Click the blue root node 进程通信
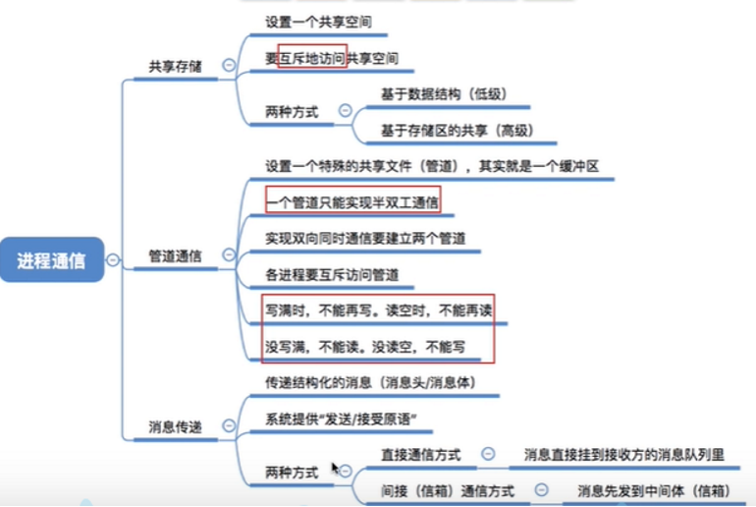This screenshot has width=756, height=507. [x=51, y=260]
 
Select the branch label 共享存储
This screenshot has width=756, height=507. [x=174, y=67]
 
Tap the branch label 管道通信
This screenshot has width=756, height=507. [x=175, y=255]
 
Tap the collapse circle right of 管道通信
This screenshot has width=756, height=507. [x=229, y=254]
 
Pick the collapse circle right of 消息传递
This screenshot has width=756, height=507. [x=229, y=425]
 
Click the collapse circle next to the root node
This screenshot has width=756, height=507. [x=113, y=259]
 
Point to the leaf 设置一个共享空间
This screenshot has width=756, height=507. [x=318, y=21]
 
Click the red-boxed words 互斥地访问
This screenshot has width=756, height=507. [x=312, y=58]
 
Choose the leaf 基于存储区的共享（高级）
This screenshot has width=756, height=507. [x=457, y=130]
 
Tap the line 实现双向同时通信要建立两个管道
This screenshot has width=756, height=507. [x=365, y=238]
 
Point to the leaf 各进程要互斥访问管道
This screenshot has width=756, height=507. [x=332, y=274]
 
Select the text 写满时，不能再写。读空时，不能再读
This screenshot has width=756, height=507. [x=378, y=310]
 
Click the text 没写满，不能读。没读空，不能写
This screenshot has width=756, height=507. [x=364, y=346]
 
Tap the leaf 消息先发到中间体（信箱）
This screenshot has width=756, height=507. [x=653, y=490]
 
